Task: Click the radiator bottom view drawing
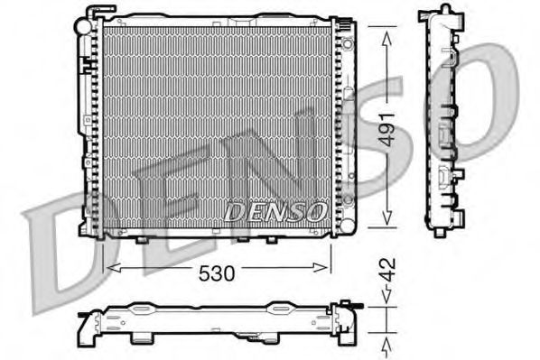click(218, 320)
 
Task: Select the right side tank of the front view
click(340, 126)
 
